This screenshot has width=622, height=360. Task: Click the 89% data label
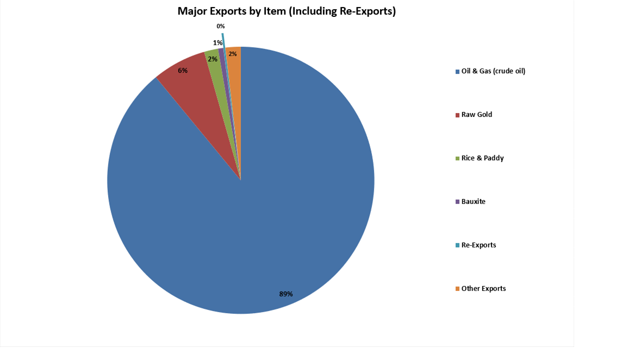pyautogui.click(x=286, y=294)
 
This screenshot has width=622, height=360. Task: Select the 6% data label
pyautogui.click(x=183, y=71)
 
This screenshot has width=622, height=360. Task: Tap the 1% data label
pyautogui.click(x=217, y=43)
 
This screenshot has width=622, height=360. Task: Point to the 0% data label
pyautogui.click(x=221, y=26)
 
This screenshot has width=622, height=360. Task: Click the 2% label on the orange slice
pyautogui.click(x=233, y=54)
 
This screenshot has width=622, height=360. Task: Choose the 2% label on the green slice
pyautogui.click(x=213, y=59)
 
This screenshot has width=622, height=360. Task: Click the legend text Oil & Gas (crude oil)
pyautogui.click(x=493, y=71)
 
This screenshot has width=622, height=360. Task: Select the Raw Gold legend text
pyautogui.click(x=477, y=115)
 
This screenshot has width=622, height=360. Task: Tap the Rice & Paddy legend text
pyautogui.click(x=482, y=158)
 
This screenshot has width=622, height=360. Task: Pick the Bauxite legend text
pyautogui.click(x=474, y=202)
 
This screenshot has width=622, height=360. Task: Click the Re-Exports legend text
pyautogui.click(x=478, y=245)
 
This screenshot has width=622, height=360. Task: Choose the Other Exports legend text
pyautogui.click(x=483, y=289)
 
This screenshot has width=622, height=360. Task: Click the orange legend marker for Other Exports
pyautogui.click(x=458, y=289)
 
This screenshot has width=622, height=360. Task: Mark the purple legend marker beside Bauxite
pyautogui.click(x=458, y=202)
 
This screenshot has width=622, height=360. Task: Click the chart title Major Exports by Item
pyautogui.click(x=287, y=11)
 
